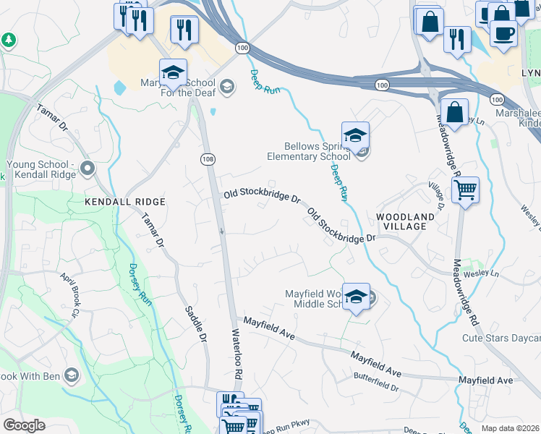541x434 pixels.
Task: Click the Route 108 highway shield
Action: click(x=208, y=158)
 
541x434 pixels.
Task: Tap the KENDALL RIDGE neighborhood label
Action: click(x=125, y=202)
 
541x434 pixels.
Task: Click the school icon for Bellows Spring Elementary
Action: click(x=355, y=135)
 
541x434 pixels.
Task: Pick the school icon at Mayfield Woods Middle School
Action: click(x=356, y=297)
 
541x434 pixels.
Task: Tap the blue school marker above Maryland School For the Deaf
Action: click(x=173, y=73)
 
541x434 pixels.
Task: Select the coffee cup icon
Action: click(x=503, y=33)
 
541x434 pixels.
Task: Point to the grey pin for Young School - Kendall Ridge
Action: click(x=88, y=169)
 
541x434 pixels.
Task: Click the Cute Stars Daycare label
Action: click(x=501, y=338)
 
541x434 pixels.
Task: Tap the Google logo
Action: click(x=24, y=425)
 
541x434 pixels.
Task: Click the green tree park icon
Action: click(x=9, y=40)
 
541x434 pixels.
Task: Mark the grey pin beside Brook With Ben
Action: click(x=71, y=375)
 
